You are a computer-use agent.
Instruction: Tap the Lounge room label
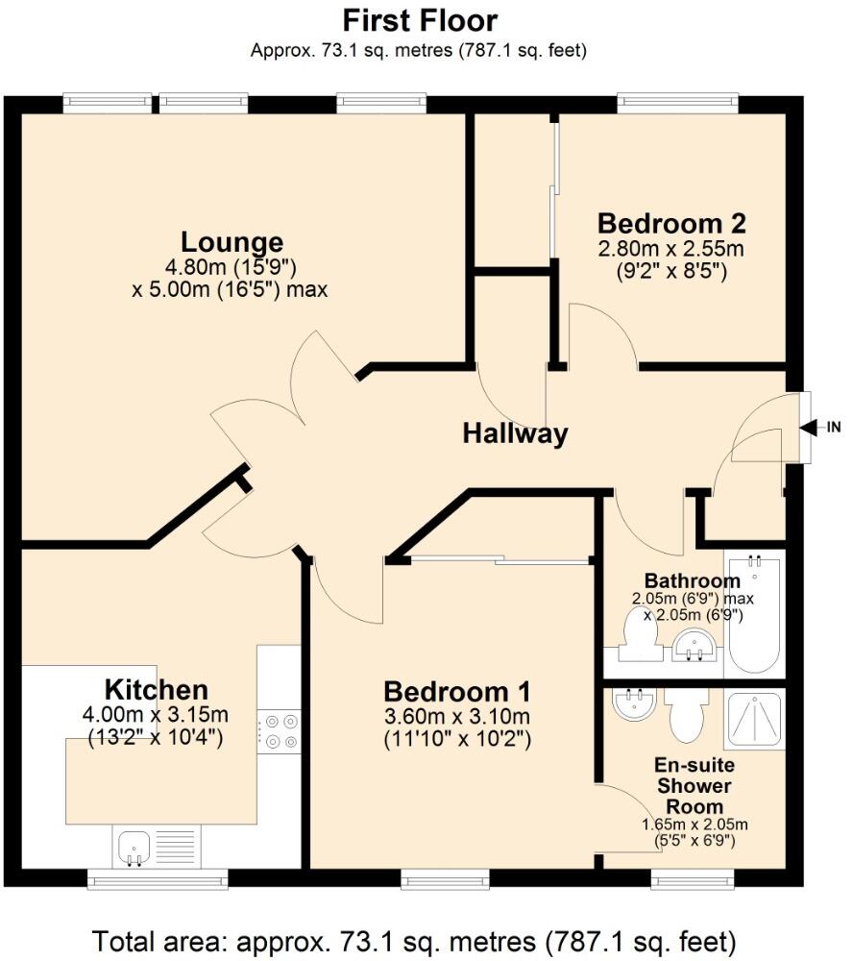click(x=232, y=241)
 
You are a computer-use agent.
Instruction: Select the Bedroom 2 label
click(x=671, y=224)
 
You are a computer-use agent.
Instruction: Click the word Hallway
click(x=515, y=433)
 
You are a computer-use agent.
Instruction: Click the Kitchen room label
click(x=156, y=689)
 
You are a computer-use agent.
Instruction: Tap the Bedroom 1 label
click(x=457, y=692)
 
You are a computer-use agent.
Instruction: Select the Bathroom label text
click(x=692, y=580)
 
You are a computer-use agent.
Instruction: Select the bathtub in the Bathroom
click(x=755, y=615)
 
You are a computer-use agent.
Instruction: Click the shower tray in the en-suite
click(x=754, y=721)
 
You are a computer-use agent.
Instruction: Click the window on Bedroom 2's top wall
click(x=677, y=100)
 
